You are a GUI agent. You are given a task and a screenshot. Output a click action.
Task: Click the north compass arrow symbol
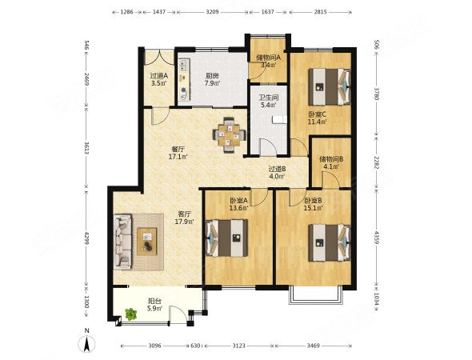point(86,344)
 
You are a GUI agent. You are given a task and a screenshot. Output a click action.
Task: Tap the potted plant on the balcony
point(131,314)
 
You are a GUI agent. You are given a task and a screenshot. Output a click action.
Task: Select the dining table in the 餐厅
point(229,134)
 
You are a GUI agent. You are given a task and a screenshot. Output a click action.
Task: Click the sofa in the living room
point(123,242)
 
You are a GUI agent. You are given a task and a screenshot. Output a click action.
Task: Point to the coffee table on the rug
point(147,242)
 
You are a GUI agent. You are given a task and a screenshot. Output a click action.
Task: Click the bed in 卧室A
point(226,238)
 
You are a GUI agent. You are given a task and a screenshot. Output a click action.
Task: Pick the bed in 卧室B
point(330,242)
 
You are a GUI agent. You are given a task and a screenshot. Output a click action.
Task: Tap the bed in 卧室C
point(330,86)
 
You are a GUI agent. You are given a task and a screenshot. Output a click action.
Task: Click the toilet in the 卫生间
point(280,120)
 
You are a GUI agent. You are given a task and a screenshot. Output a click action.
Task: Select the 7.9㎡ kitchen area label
point(212,83)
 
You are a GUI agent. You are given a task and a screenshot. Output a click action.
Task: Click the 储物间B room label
point(331,159)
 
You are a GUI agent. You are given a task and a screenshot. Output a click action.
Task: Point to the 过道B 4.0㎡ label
point(278,173)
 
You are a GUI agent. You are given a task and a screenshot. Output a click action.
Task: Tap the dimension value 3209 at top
point(213,12)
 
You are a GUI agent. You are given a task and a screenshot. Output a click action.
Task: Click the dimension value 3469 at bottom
point(314,346)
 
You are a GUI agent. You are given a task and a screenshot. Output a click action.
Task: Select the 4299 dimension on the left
point(86,238)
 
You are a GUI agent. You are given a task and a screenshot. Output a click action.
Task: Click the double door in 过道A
point(159,56)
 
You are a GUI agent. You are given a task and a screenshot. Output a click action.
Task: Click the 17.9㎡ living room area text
point(184,222)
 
